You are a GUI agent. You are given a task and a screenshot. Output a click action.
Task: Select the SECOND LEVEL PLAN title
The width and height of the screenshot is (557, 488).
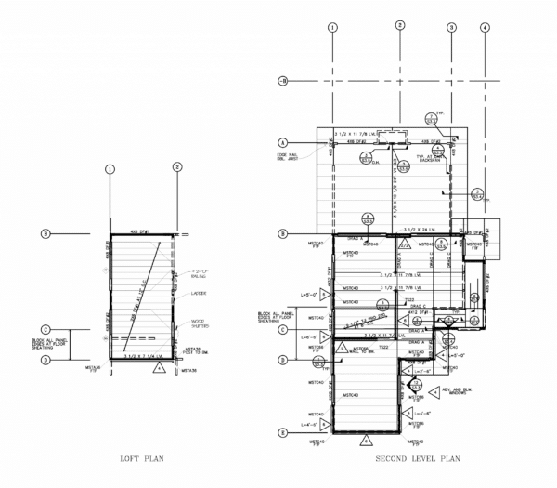click(418, 459)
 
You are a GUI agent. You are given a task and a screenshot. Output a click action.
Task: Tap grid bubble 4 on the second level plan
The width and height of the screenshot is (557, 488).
click(484, 28)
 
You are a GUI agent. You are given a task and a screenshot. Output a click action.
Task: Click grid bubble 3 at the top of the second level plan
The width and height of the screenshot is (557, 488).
click(451, 28)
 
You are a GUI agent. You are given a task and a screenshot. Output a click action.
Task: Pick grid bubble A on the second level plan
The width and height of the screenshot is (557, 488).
click(282, 142)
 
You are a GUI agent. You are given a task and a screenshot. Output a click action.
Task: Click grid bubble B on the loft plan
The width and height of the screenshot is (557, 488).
click(44, 232)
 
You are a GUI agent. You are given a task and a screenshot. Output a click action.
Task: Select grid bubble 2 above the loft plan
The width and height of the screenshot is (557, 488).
click(177, 168)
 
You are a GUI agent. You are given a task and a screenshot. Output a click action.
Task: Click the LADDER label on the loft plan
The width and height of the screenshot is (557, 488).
click(198, 293)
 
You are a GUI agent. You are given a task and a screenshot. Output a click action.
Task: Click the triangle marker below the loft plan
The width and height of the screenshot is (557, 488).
click(158, 367)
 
